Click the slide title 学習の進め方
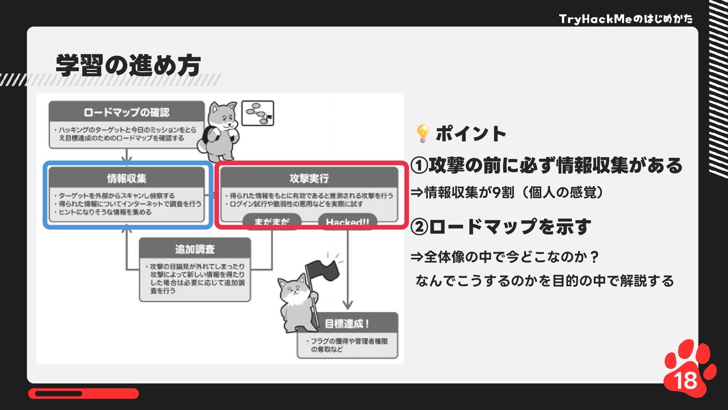pyautogui.click(x=128, y=65)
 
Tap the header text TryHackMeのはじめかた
pyautogui.click(x=626, y=19)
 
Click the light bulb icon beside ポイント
pyautogui.click(x=422, y=134)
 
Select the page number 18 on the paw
pyautogui.click(x=686, y=380)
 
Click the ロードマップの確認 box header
pyautogui.click(x=127, y=112)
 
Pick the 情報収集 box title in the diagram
pyautogui.click(x=127, y=178)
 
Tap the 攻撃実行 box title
pyautogui.click(x=309, y=178)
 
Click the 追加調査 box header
pyautogui.click(x=195, y=249)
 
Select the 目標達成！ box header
pyautogui.click(x=347, y=324)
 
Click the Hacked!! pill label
pyautogui.click(x=347, y=222)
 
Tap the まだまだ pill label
pyautogui.click(x=271, y=222)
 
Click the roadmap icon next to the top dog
pyautogui.click(x=258, y=113)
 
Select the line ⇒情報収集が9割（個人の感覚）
pyautogui.click(x=507, y=193)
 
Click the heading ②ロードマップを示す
pyautogui.click(x=500, y=227)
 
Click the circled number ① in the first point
pyautogui.click(x=419, y=166)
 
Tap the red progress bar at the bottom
pyautogui.click(x=83, y=394)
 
